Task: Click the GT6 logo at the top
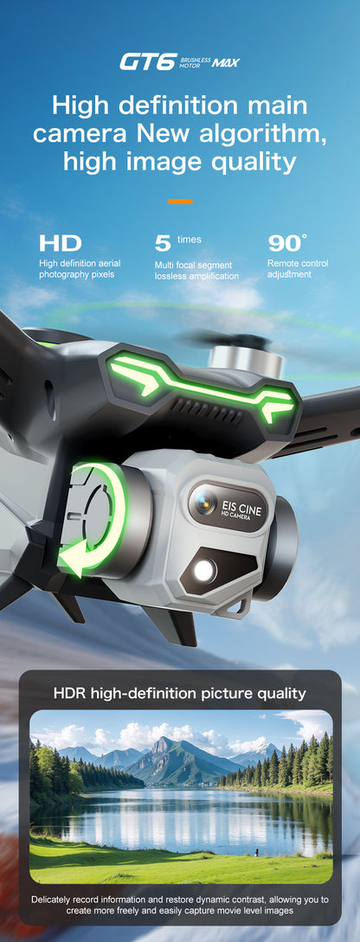coord(148,61)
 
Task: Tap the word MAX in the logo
coord(226,63)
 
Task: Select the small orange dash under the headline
coord(180,201)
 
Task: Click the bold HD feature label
coord(60,243)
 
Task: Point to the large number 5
coord(162,243)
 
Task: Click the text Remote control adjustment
coord(298,268)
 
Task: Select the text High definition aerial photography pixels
coord(80,268)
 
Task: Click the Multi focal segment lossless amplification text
coord(196,270)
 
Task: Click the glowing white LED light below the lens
coord(205,569)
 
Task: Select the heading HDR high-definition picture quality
coord(180,693)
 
